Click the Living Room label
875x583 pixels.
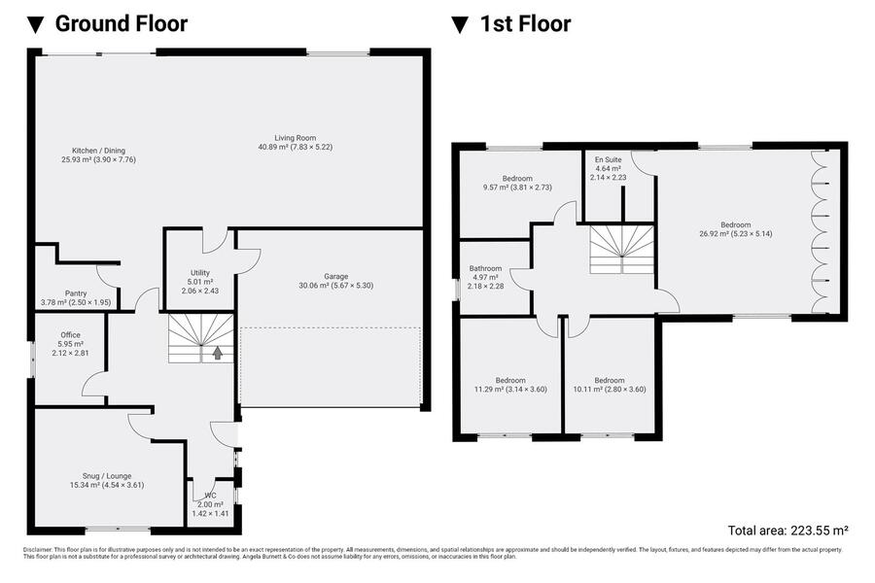click(296, 138)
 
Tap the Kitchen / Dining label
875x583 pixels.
click(99, 151)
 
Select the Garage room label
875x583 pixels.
click(336, 276)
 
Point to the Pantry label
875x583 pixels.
click(76, 293)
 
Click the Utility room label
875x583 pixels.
click(200, 273)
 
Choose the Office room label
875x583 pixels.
click(70, 334)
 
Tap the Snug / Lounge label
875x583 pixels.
click(107, 476)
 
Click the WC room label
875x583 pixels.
click(210, 496)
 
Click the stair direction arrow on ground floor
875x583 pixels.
click(218, 353)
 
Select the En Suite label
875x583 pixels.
click(609, 159)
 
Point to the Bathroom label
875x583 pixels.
click(485, 268)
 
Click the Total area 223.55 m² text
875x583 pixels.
click(787, 530)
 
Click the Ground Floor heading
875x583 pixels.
click(122, 24)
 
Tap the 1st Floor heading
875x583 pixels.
click(526, 24)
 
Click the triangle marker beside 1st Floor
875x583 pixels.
click(459, 25)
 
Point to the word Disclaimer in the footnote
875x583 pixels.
click(38, 550)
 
